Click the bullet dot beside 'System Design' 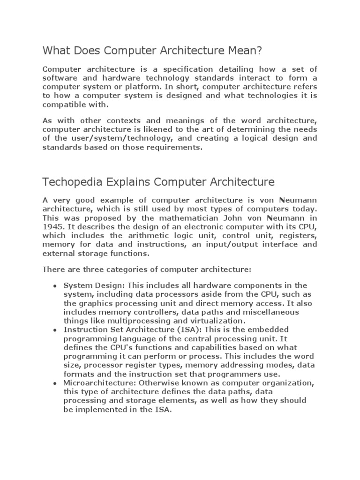[55, 286]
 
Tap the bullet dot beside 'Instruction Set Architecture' [55, 330]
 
